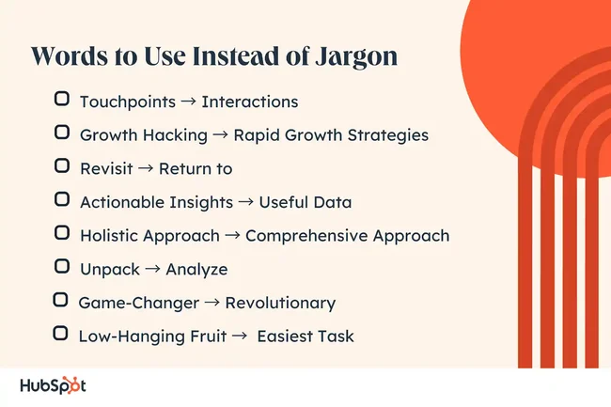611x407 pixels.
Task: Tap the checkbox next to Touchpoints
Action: pyautogui.click(x=62, y=99)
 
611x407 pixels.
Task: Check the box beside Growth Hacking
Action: pyautogui.click(x=62, y=133)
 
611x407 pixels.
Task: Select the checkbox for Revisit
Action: pyautogui.click(x=62, y=166)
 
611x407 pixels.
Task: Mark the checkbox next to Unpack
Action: pyautogui.click(x=62, y=267)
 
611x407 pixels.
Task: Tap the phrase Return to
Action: pyautogui.click(x=195, y=168)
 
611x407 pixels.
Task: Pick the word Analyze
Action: pyautogui.click(x=196, y=269)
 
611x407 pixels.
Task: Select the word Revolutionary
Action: pyautogui.click(x=279, y=303)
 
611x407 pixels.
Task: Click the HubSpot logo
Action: pyautogui.click(x=54, y=385)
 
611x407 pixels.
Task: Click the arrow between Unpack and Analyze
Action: pyautogui.click(x=151, y=269)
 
